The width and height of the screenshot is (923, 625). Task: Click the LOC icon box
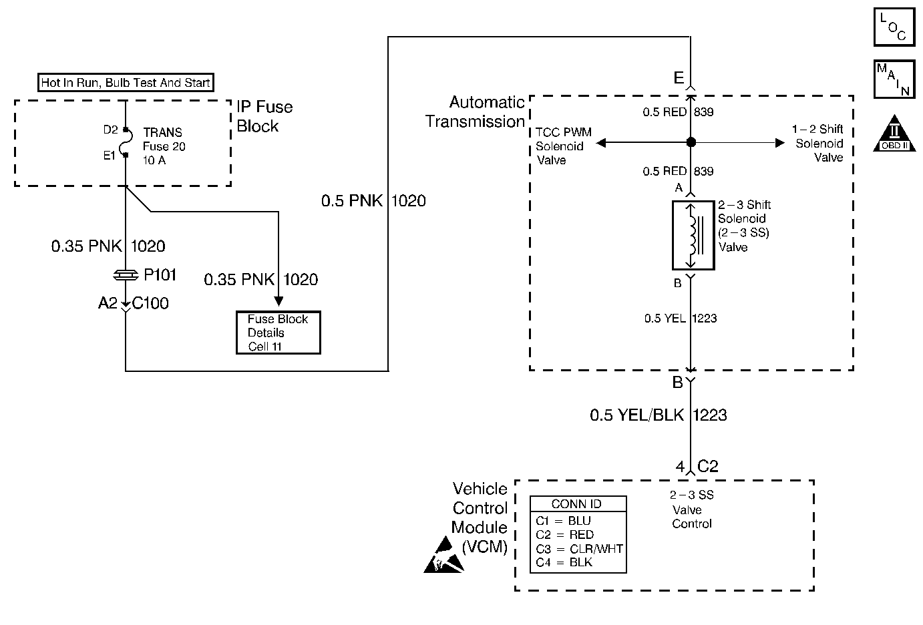[x=894, y=26]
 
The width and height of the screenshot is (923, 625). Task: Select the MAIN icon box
[x=894, y=79]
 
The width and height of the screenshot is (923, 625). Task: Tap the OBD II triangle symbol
[x=894, y=134]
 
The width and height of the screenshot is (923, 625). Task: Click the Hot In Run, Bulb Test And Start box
[x=126, y=83]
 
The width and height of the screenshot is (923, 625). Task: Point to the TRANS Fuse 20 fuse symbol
[x=126, y=143]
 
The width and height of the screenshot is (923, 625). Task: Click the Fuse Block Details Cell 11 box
[x=278, y=333]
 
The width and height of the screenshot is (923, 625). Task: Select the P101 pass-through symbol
[x=126, y=274]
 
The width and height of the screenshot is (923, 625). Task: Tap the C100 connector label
[x=150, y=304]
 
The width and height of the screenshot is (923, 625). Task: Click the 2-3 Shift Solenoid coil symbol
[x=693, y=236]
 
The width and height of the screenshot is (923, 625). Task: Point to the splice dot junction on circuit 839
[x=691, y=142]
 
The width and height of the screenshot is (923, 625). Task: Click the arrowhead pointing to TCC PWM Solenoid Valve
[x=601, y=142]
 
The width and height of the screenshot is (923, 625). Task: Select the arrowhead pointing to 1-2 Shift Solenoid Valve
[x=779, y=142]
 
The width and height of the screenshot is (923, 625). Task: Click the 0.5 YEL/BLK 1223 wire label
[x=658, y=415]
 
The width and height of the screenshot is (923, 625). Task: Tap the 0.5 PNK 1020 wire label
[x=373, y=201]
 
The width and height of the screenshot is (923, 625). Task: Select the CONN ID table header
[x=578, y=504]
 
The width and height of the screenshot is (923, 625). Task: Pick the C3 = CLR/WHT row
[x=578, y=549]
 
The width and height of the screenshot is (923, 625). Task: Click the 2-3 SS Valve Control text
[x=692, y=509]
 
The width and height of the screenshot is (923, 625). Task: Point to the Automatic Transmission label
[x=476, y=112]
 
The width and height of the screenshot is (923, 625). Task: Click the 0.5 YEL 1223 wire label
[x=680, y=319]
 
